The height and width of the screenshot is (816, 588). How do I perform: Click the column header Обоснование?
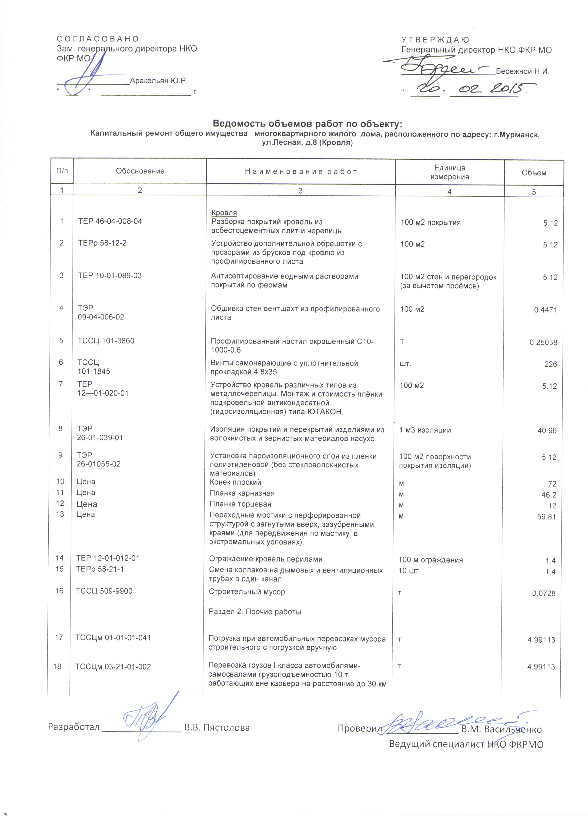click(x=140, y=171)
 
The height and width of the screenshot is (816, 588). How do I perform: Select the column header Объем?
click(x=534, y=173)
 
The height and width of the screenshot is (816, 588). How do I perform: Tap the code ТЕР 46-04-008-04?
click(x=110, y=221)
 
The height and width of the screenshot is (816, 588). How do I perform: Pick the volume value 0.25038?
click(x=543, y=343)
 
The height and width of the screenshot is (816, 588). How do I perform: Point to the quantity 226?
click(x=550, y=364)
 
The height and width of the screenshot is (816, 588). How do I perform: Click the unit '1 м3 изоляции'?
click(x=425, y=430)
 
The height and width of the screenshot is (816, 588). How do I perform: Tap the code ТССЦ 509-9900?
click(x=104, y=591)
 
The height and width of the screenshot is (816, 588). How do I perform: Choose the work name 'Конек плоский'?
click(x=235, y=482)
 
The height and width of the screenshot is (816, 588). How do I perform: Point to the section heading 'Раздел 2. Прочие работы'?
click(x=255, y=612)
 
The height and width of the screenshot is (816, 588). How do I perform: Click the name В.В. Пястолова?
click(x=217, y=728)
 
